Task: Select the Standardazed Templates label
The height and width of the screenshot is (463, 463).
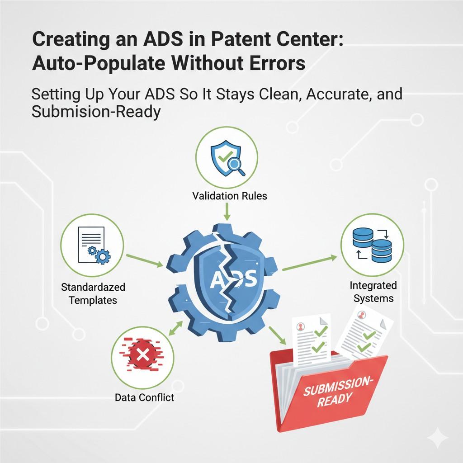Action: [x=93, y=293]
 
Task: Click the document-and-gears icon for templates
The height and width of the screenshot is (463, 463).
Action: [x=92, y=245]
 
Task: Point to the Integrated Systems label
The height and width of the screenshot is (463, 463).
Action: [x=373, y=292]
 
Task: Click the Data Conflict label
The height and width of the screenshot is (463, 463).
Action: [x=144, y=397]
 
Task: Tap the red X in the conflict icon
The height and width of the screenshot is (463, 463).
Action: [x=142, y=355]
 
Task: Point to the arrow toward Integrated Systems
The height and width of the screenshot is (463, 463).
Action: [x=309, y=264]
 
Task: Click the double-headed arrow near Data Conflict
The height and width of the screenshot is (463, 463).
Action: [x=176, y=329]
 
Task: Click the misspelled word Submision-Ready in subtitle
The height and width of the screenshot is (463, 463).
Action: [x=96, y=111]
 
